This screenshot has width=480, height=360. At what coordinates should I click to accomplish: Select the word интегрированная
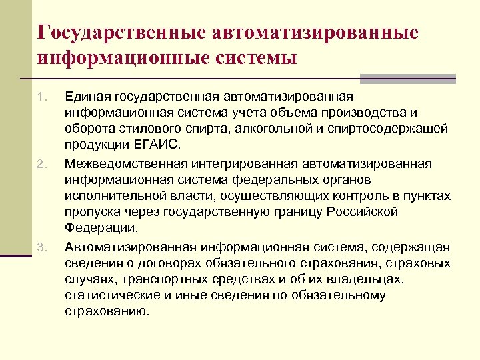tap(238, 163)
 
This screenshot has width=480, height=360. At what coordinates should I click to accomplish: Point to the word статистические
tap(105, 294)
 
